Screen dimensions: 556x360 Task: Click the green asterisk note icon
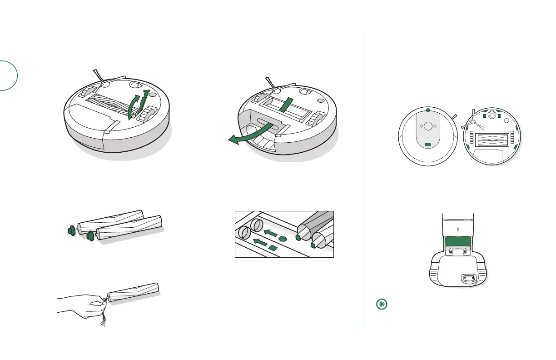381,305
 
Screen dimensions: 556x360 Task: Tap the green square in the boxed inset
273,248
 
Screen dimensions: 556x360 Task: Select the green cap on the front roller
90,235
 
